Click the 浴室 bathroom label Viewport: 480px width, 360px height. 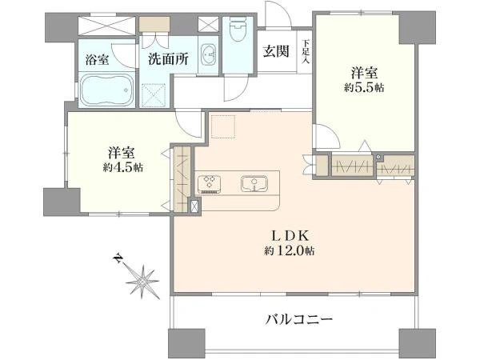97,59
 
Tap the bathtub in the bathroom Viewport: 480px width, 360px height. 107,90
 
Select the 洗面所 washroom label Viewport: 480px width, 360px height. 168,58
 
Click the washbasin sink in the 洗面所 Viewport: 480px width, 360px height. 209,55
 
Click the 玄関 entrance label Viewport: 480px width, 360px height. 276,51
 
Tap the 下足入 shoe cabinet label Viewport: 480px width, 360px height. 306,52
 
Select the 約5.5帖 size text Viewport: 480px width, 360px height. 364,88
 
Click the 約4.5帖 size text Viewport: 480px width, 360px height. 123,167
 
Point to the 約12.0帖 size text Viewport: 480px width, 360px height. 290,251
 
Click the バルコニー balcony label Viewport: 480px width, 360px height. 298,320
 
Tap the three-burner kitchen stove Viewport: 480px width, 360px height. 210,184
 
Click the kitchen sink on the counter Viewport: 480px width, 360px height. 254,184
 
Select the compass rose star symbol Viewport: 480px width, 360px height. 142,282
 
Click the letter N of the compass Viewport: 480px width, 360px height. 117,258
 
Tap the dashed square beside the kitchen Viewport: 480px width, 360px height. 223,126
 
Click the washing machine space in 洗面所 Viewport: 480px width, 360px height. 154,95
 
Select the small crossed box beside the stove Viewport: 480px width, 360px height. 194,206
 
